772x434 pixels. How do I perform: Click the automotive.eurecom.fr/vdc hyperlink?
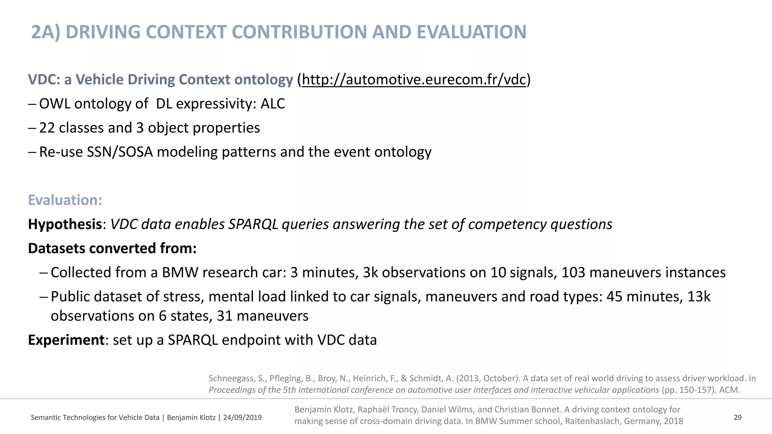414,80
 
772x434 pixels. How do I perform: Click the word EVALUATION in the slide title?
471,32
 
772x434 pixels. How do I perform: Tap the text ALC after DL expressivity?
273,104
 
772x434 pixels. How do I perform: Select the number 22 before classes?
47,128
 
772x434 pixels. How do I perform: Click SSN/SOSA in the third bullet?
120,152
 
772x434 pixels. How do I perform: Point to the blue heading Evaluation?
65,200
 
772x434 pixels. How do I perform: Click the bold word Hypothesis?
65,225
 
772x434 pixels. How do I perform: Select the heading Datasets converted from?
112,249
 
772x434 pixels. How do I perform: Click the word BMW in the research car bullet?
180,273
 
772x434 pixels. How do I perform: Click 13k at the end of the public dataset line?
698,297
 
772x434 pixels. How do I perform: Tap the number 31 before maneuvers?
224,316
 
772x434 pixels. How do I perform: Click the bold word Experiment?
66,340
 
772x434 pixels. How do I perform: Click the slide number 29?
737,417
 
